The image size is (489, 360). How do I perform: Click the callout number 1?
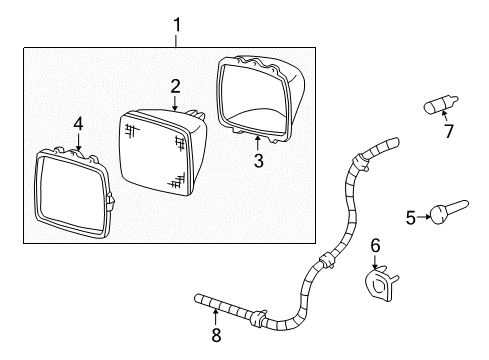[177, 23]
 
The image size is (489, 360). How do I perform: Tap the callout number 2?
[174, 86]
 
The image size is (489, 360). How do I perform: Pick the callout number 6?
[377, 246]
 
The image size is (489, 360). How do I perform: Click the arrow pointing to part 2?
[174, 101]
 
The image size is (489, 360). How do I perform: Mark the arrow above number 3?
[257, 143]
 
